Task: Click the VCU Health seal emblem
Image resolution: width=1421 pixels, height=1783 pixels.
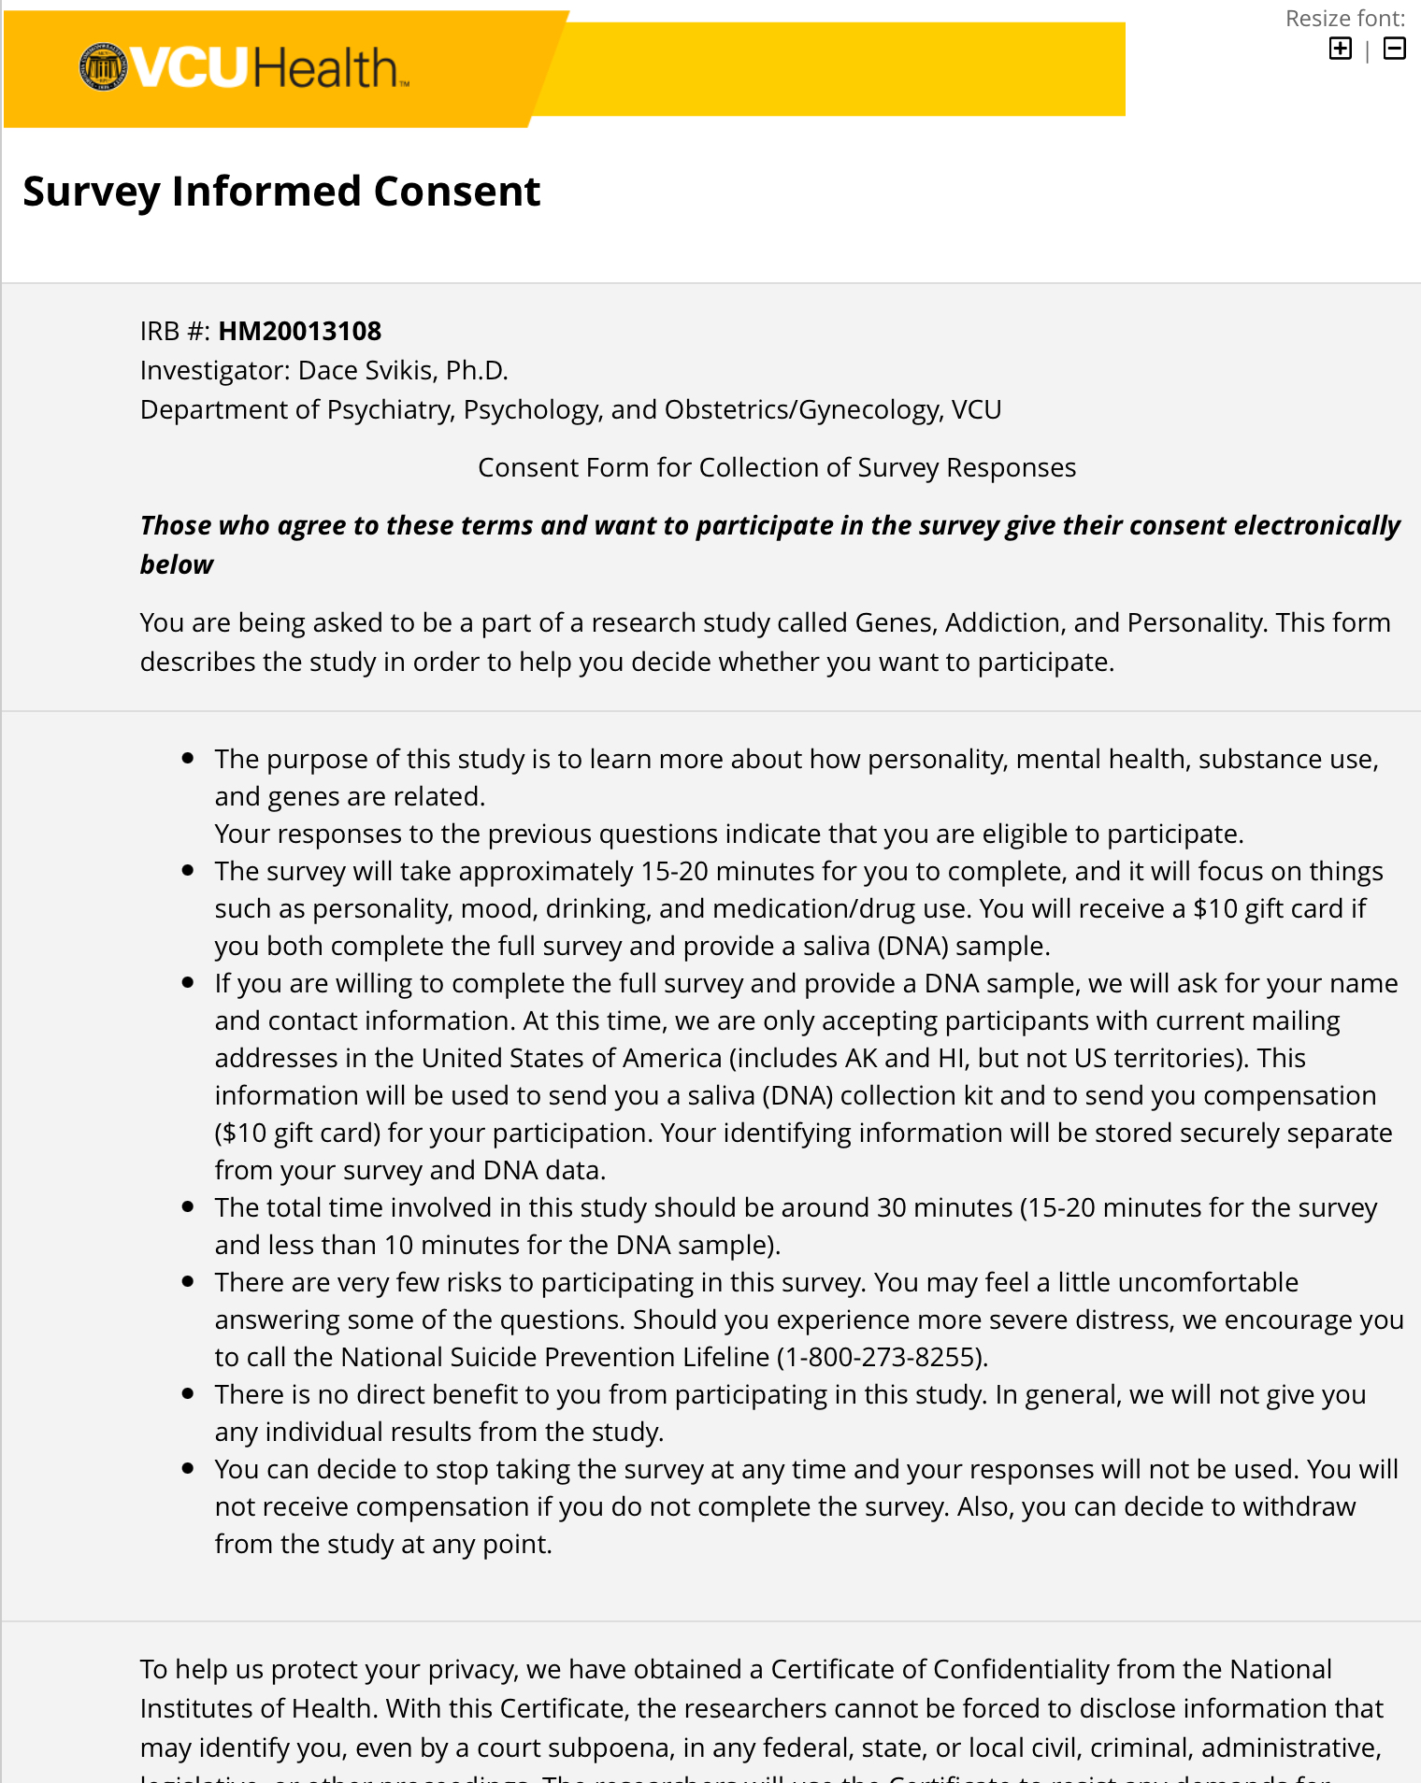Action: click(x=104, y=67)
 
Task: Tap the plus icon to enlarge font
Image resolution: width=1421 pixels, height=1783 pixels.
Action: click(x=1340, y=49)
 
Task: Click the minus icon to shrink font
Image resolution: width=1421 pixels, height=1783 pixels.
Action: click(x=1394, y=49)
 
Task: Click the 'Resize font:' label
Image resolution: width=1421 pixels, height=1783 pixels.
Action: click(x=1344, y=19)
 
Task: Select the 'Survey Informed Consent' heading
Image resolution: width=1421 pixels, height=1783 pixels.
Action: click(x=281, y=192)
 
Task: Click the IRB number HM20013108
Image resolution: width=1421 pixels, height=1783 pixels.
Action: click(x=300, y=332)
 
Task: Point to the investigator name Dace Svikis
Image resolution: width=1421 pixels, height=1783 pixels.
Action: click(x=367, y=371)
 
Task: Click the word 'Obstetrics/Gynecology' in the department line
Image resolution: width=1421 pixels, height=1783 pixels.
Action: click(x=803, y=410)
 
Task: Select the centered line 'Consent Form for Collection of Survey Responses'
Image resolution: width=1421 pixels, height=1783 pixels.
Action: click(x=777, y=468)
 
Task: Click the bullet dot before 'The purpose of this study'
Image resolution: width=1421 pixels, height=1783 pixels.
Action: click(x=189, y=759)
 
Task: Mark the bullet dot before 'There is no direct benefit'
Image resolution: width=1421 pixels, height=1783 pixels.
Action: click(x=189, y=1394)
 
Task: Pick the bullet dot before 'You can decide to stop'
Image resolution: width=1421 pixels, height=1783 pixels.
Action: click(x=189, y=1469)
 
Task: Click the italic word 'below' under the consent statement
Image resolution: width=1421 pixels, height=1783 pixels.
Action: click(x=177, y=565)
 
